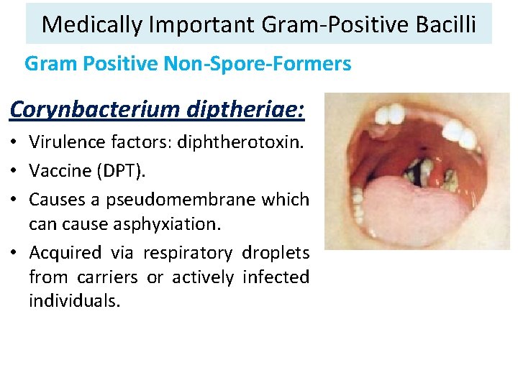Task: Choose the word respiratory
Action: pos(188,253)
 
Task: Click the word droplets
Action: pos(276,253)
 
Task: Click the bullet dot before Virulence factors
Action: pos(15,142)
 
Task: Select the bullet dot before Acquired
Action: pos(15,254)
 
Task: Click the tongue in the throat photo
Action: pos(403,208)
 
